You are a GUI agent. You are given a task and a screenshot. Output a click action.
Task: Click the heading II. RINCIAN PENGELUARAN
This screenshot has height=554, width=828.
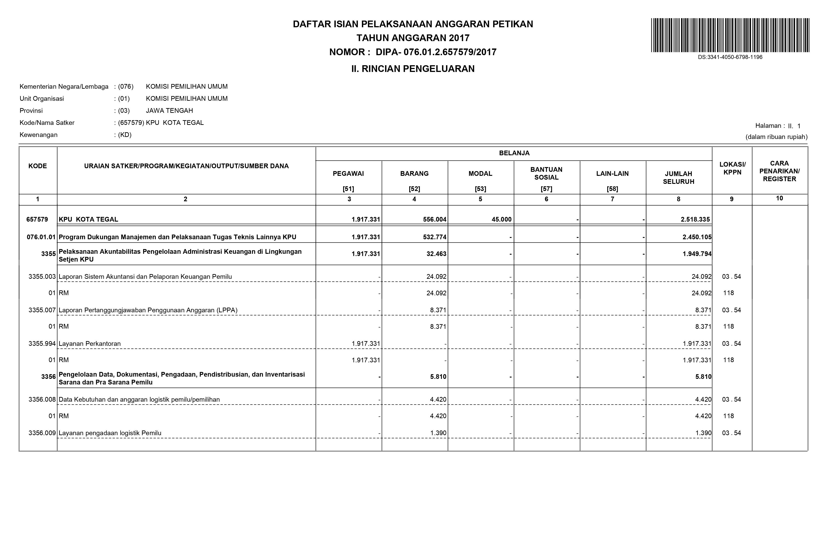(x=413, y=69)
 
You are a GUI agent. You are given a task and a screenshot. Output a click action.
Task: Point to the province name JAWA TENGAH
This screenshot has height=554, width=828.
(x=169, y=111)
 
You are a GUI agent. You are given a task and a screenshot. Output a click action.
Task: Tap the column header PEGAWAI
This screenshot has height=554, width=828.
(x=348, y=174)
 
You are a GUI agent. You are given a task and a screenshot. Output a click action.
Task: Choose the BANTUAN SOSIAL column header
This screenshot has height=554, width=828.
(x=546, y=174)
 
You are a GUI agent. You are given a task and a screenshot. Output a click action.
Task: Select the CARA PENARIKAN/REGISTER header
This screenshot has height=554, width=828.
(x=779, y=171)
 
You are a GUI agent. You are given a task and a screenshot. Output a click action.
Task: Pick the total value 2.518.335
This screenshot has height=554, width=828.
(x=695, y=219)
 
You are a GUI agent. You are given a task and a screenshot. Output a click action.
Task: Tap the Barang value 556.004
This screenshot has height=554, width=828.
(x=435, y=219)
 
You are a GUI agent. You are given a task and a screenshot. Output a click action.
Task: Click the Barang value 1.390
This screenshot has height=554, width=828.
(x=438, y=433)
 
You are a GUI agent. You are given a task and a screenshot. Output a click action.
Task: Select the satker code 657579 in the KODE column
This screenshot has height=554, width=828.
(x=37, y=219)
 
